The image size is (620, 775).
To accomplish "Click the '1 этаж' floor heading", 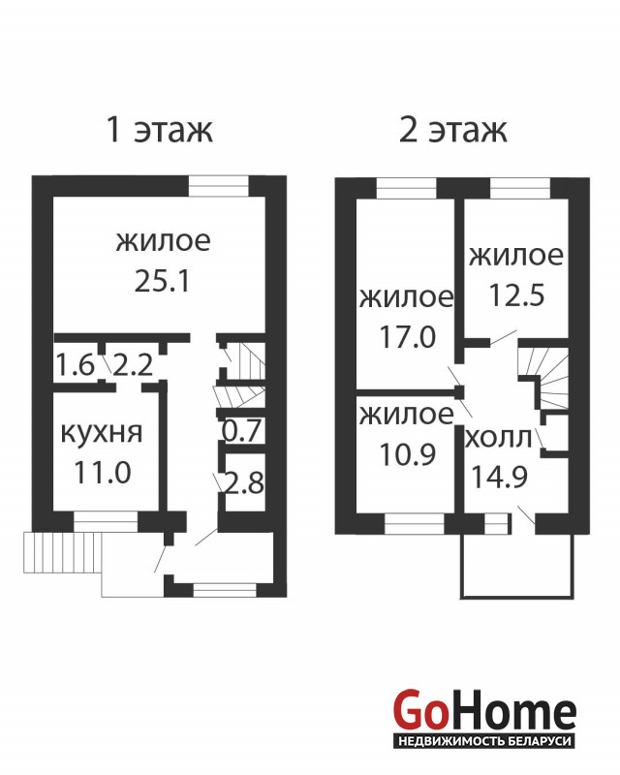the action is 160,130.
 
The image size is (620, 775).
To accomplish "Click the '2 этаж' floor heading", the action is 452,130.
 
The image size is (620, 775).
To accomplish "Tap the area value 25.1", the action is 162,282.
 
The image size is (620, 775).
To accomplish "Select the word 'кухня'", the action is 102,432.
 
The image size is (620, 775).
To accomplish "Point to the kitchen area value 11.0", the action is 103,472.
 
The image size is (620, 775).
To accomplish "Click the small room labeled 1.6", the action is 75,365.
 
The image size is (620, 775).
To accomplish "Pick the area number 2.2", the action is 133,365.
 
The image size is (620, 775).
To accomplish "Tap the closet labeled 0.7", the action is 241,430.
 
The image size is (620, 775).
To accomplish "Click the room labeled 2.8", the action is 243,482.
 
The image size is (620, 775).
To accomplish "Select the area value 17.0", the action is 408,336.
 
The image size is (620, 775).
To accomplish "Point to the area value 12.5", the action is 516,295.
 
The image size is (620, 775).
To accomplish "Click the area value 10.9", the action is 408,454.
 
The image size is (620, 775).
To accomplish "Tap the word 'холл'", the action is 498,439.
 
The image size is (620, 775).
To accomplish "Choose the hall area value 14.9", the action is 499,477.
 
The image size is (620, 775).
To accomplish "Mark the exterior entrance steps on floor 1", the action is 63,552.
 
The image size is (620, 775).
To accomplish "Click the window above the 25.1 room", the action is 219,186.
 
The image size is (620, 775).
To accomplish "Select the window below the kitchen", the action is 106,521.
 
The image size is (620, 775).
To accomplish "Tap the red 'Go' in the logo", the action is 418,711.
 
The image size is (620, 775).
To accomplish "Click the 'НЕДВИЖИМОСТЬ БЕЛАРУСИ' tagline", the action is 485,741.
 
